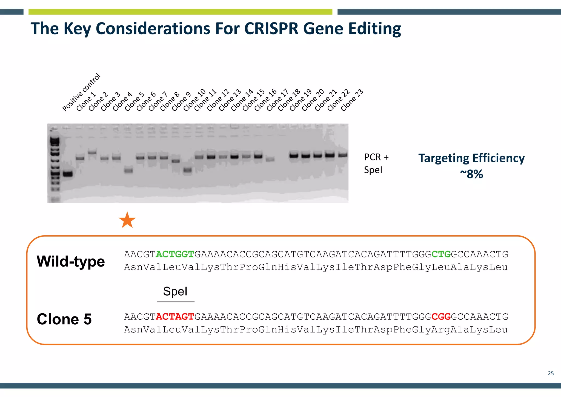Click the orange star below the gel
127,220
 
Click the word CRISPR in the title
271,29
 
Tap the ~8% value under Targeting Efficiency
471,174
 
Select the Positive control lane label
81,93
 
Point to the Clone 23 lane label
352,100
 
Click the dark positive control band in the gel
68,174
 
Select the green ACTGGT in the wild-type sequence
175,254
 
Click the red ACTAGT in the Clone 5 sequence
175,317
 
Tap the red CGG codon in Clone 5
441,317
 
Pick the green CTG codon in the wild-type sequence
441,254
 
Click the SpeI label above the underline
175,291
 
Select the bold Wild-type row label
71,261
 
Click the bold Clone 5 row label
64,319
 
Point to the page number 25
551,373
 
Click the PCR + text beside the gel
376,157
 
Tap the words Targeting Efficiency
471,158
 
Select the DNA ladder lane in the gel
55,165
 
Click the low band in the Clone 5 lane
128,170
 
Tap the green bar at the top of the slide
180,12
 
